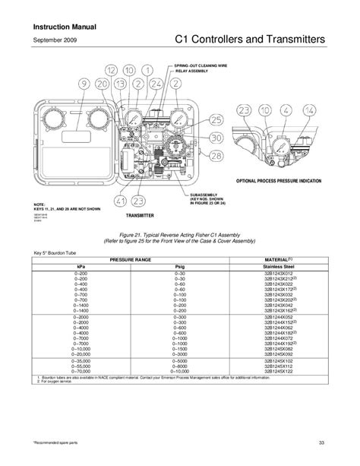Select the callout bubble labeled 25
[216, 120]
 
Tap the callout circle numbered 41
[120, 201]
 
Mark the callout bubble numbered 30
[216, 138]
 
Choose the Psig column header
[179, 267]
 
